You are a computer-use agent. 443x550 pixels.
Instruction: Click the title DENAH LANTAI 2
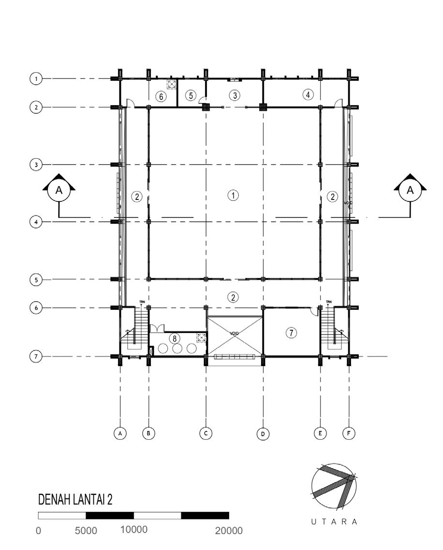75,499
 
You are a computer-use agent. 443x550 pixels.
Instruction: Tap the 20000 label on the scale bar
229,531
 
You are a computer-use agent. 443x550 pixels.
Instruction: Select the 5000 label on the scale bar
86,531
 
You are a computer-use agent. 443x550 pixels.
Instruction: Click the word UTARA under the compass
335,522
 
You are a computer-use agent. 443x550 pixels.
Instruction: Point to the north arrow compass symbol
335,489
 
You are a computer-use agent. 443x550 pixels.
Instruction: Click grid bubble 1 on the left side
35,78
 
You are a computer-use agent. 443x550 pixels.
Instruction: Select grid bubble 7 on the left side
35,357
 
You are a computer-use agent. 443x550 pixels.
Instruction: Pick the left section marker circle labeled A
59,190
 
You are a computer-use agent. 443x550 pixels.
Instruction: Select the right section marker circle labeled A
411,190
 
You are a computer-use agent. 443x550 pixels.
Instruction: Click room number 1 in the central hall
234,196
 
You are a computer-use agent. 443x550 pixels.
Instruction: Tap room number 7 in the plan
291,333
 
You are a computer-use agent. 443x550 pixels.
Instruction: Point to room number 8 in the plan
175,338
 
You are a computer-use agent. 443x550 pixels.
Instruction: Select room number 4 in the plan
308,94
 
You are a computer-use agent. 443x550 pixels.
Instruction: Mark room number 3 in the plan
235,95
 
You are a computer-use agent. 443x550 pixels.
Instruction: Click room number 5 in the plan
191,95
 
